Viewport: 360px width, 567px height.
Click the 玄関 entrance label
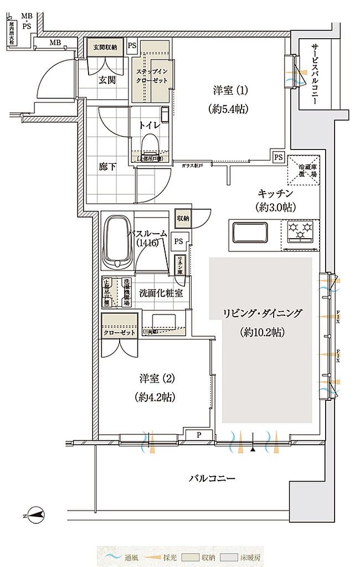click(x=107, y=80)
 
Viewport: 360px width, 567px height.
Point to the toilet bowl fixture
click(x=150, y=147)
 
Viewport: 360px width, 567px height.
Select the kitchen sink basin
click(x=249, y=231)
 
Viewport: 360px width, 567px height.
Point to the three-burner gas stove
click(x=300, y=231)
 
